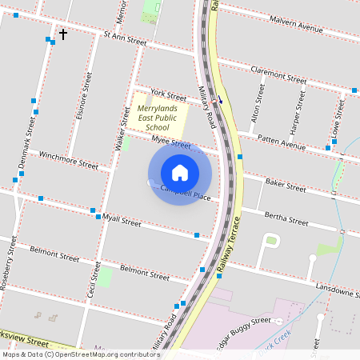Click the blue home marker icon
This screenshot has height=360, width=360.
180,172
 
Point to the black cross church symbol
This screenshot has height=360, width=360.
62,35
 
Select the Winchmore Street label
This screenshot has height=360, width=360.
68,161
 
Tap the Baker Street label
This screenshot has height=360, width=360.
286,186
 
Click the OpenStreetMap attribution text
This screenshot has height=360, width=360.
81,354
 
